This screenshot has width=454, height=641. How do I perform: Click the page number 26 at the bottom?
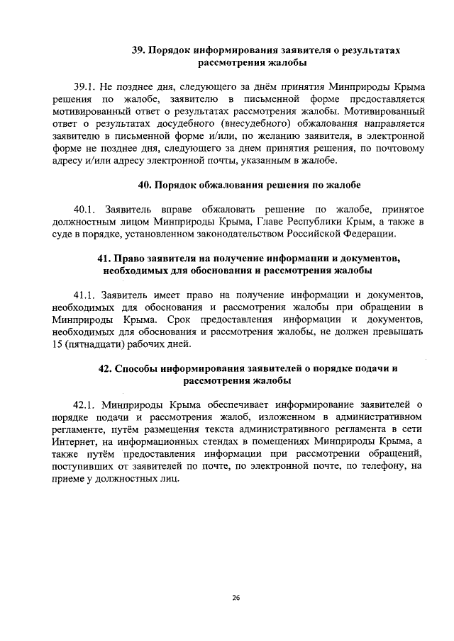pyautogui.click(x=236, y=597)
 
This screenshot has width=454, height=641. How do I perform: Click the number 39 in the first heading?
pyautogui.click(x=139, y=51)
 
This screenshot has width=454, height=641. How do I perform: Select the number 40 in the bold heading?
pyautogui.click(x=144, y=185)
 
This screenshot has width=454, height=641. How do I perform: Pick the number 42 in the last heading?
pyautogui.click(x=104, y=368)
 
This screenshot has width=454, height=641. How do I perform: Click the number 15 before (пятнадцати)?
pyautogui.click(x=57, y=345)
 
